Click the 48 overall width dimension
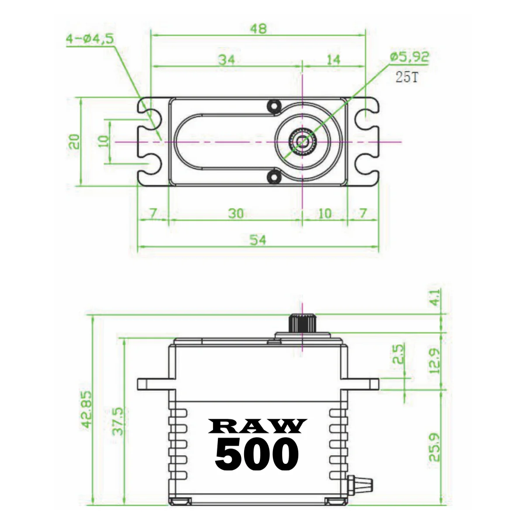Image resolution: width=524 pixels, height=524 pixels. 258,29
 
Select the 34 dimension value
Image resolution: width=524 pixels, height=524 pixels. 227,59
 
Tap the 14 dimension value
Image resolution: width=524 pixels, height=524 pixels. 333,59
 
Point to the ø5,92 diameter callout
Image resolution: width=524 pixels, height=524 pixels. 409,57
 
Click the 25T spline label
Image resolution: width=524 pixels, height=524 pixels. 407,77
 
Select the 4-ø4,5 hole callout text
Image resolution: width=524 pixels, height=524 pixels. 90,39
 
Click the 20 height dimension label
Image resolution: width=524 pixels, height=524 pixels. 75,141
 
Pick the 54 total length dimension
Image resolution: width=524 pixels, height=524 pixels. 258,239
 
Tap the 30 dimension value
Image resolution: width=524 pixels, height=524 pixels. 236,214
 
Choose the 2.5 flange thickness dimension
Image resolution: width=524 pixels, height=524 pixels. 399,354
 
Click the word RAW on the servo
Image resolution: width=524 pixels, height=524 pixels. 258,426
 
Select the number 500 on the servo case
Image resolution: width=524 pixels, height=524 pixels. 257,454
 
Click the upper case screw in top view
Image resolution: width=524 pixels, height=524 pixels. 274,106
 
